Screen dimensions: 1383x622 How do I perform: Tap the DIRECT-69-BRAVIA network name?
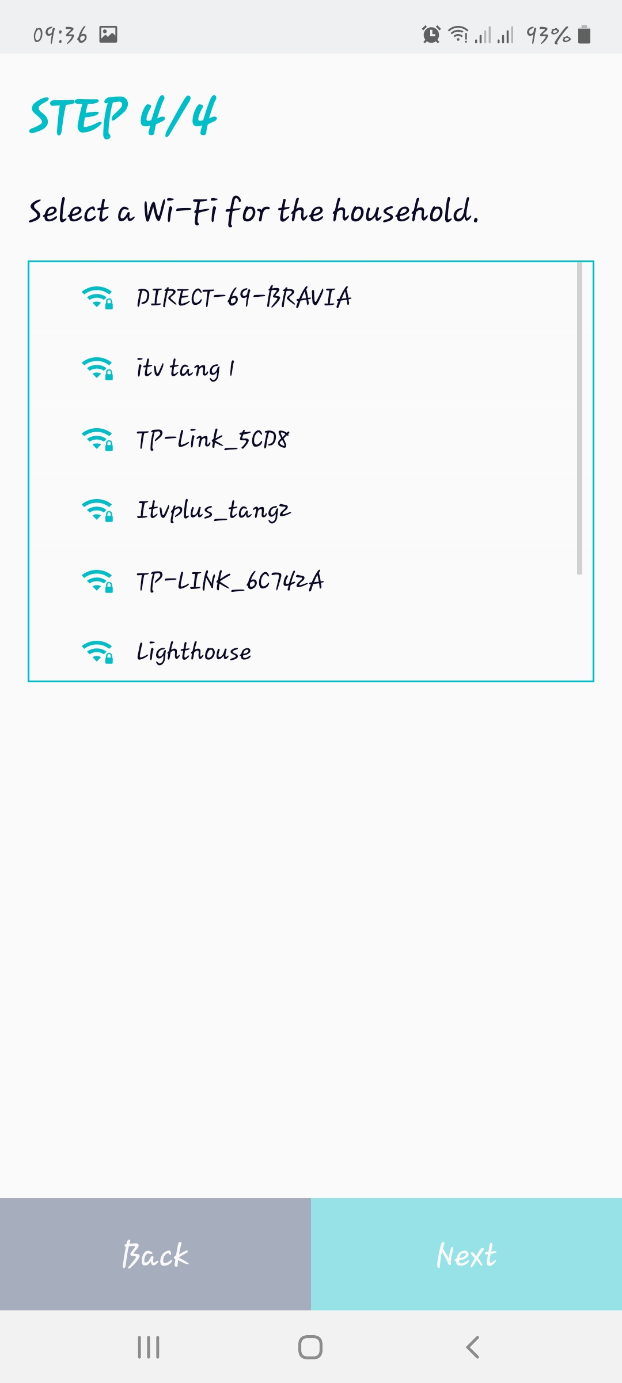coord(244,297)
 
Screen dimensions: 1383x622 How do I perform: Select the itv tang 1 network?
coord(185,368)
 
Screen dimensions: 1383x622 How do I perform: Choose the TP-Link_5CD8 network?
coord(213,439)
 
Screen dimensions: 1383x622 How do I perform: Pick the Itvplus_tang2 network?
coord(214,510)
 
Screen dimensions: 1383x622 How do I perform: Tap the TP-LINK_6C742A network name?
coord(230,581)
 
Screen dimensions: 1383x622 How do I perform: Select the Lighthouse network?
coord(194,652)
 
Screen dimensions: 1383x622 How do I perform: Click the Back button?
coord(155,1254)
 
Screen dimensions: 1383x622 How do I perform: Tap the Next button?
coord(466,1254)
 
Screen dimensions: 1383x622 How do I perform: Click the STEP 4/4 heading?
coord(123,116)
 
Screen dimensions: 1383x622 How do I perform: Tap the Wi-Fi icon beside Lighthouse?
coord(97,652)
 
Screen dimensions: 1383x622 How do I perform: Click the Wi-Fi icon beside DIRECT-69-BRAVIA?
coord(97,297)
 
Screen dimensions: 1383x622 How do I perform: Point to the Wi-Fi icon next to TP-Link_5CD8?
coord(97,439)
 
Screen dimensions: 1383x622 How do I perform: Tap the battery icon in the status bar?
coord(584,35)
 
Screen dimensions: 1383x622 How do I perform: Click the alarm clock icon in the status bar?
coord(431,35)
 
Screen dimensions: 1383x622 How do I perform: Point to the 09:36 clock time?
coord(60,35)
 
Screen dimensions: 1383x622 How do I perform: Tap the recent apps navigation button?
coord(149,1347)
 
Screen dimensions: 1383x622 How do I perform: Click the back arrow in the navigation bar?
coord(473,1347)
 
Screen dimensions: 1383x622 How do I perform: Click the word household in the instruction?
coord(405,211)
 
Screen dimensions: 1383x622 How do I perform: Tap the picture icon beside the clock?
coord(108,35)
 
